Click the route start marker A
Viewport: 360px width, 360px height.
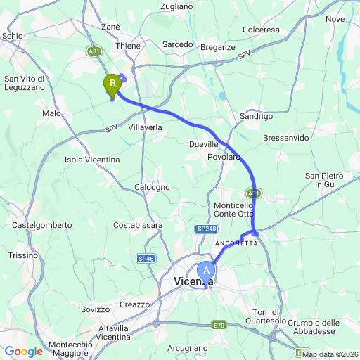[x=206, y=269]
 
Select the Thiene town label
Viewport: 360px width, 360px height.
[x=129, y=44]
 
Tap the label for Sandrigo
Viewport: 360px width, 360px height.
[x=255, y=116]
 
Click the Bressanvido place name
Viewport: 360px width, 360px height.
[x=285, y=138]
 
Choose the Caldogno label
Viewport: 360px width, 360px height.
[x=153, y=187]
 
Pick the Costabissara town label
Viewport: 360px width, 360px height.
[x=138, y=225]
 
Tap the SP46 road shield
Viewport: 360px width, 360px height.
[x=146, y=259]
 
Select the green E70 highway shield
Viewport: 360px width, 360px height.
[x=219, y=326]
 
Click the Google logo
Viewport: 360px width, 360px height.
[x=23, y=352]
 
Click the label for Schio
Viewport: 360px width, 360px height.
[x=13, y=35]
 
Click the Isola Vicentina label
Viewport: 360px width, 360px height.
[x=91, y=160]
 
